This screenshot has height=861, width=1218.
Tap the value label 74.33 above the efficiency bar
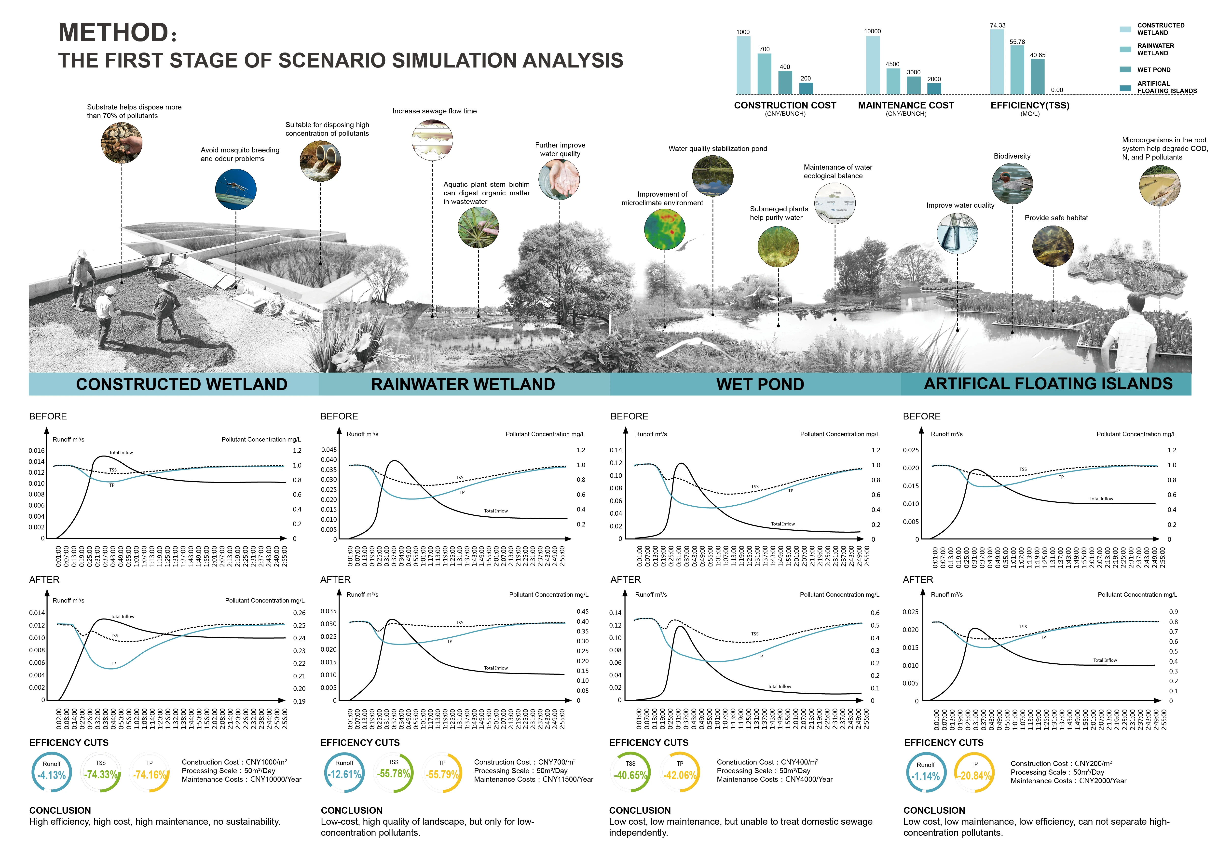997,26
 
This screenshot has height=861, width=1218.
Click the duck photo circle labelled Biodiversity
1012,184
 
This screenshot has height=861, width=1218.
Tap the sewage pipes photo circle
320,161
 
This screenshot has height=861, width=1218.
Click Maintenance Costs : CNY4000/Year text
775,779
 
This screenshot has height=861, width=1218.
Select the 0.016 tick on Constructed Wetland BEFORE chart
37,451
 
